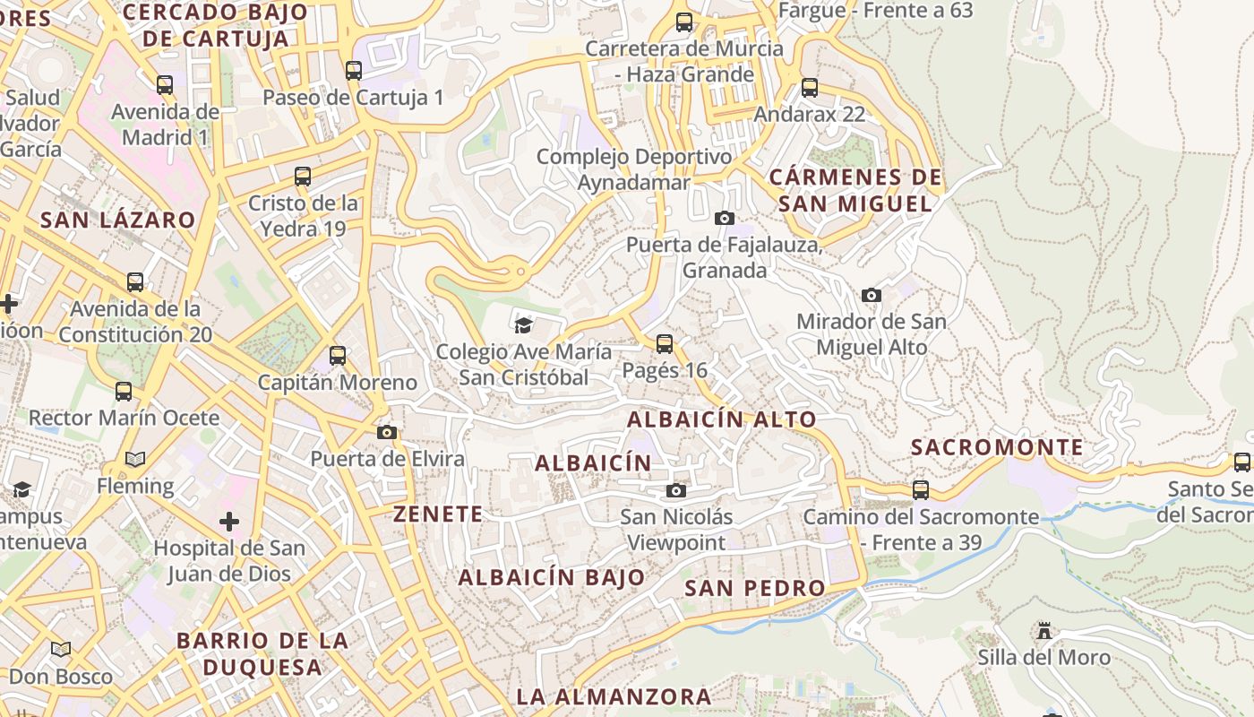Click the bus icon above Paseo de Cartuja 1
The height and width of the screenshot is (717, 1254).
(354, 70)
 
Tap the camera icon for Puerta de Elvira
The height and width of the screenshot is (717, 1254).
(387, 432)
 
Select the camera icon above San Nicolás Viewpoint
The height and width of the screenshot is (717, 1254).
(676, 490)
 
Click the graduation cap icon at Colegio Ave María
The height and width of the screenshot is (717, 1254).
(523, 324)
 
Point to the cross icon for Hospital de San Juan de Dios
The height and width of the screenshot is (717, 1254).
(229, 521)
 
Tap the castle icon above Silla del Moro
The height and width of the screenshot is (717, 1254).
(1044, 630)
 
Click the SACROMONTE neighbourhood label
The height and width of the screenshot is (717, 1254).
(997, 447)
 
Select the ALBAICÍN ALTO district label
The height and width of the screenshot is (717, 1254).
(722, 419)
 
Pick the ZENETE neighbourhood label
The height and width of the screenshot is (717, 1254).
(438, 514)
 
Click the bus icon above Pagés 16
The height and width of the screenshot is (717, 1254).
(665, 343)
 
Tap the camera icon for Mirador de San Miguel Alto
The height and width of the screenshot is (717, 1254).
(871, 295)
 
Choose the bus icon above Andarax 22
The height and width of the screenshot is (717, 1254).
(810, 88)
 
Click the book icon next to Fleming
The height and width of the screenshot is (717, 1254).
(135, 459)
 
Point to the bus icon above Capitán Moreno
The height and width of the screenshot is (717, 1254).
(338, 356)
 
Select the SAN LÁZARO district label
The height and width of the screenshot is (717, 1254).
(117, 220)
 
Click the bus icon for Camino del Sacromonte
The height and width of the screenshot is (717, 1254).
(921, 490)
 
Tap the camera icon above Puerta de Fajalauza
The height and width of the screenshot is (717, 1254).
(725, 218)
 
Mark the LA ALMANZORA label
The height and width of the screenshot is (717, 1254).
(614, 696)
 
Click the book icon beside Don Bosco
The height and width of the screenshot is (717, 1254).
(61, 649)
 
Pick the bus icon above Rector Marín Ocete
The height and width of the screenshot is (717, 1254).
(124, 392)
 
